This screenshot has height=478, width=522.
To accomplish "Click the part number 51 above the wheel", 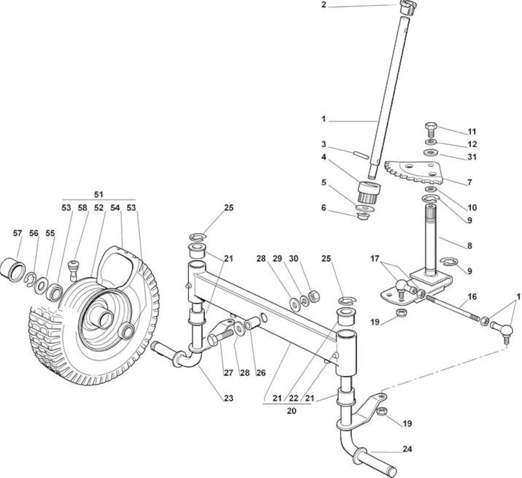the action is point(99,194).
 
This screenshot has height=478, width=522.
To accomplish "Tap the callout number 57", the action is point(17,233).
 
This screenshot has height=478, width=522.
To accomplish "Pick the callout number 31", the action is point(472,156).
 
